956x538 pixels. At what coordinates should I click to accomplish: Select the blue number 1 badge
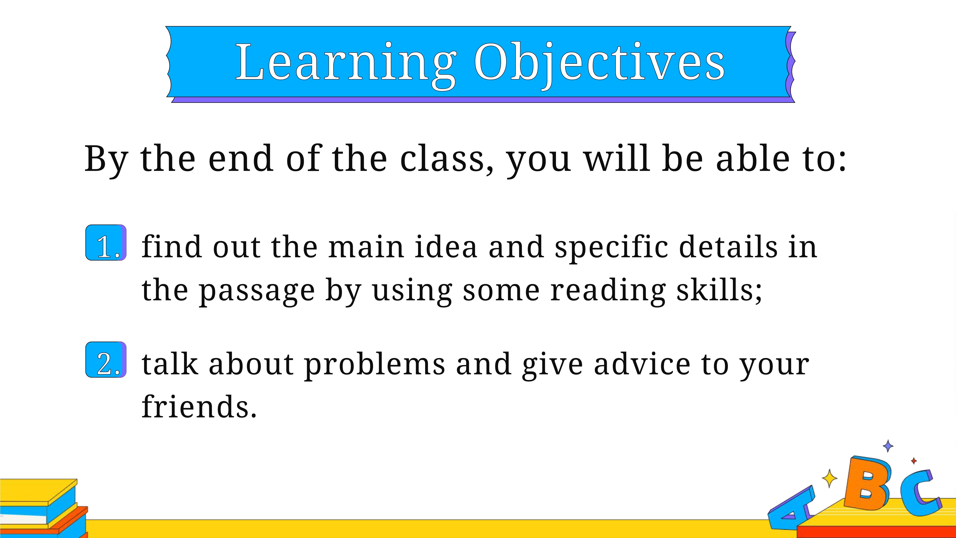[x=106, y=242]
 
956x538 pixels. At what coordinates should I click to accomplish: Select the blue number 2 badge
[x=106, y=359]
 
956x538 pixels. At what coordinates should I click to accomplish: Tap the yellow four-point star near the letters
[x=830, y=478]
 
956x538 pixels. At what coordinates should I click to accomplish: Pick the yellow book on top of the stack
[x=39, y=492]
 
